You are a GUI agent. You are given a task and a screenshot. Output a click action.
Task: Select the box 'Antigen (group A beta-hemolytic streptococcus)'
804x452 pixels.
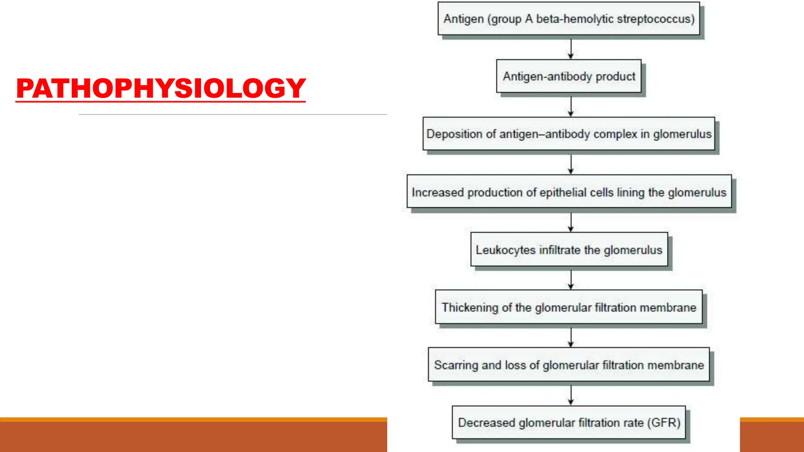point(568,18)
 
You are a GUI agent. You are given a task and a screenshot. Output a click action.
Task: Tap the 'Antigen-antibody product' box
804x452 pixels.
point(568,76)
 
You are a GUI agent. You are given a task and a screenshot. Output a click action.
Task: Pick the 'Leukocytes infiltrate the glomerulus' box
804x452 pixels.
point(569,250)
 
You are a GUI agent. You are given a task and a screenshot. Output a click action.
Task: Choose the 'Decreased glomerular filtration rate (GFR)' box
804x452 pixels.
point(569,423)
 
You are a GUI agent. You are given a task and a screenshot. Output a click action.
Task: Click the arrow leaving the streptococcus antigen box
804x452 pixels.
point(571,49)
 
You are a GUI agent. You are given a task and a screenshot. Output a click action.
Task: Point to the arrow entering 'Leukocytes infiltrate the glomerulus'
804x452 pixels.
point(571,222)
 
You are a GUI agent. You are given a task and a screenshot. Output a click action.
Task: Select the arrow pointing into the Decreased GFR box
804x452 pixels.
point(571,395)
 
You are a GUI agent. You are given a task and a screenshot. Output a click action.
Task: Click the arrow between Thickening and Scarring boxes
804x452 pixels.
point(571,337)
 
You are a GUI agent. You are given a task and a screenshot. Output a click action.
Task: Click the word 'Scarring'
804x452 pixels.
point(456,365)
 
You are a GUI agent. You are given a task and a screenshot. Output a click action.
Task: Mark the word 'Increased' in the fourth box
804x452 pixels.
point(438,192)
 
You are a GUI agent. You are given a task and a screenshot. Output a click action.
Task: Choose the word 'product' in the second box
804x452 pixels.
point(615,77)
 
